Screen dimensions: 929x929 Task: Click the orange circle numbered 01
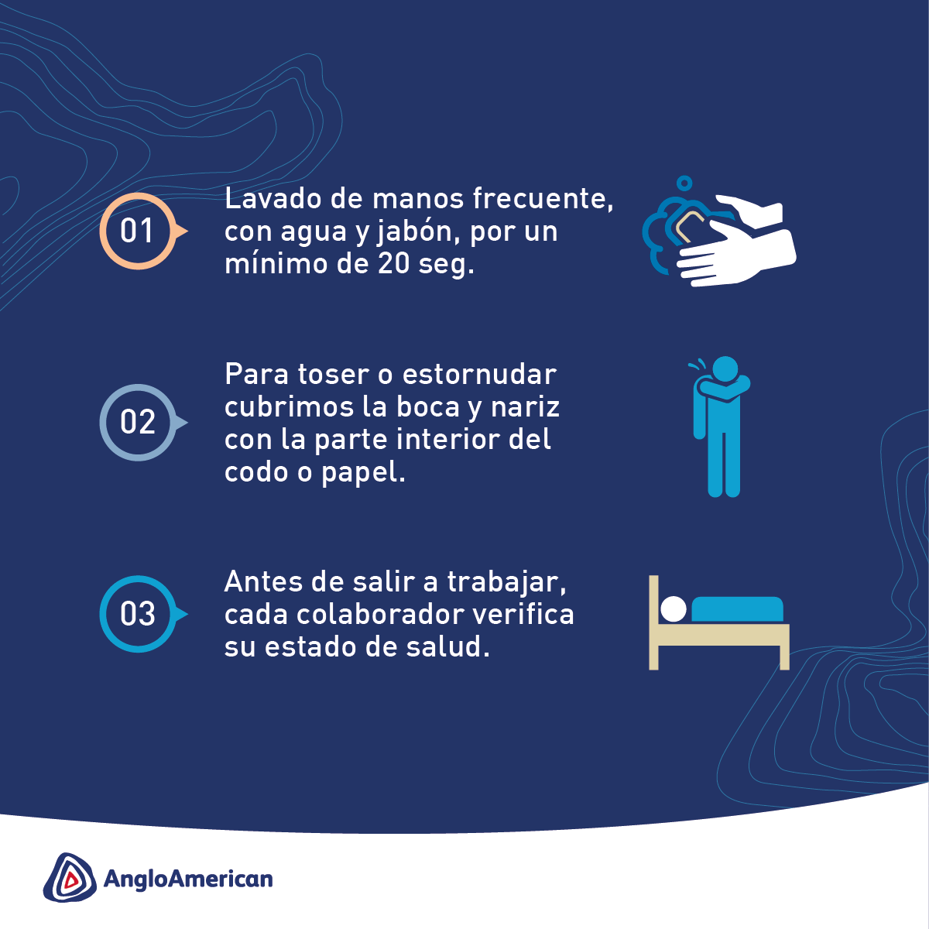click(138, 231)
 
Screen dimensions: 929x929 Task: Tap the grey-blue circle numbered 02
click(138, 422)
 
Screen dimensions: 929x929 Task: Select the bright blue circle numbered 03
click(138, 614)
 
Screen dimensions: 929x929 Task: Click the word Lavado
click(268, 199)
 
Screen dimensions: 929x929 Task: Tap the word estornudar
click(479, 375)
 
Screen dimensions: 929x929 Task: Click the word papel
click(363, 472)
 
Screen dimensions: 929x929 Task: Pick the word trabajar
click(507, 581)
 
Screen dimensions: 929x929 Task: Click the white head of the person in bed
click(674, 609)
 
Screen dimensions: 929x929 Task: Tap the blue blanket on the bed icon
click(737, 609)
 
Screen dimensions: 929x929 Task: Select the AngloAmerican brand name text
click(188, 879)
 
